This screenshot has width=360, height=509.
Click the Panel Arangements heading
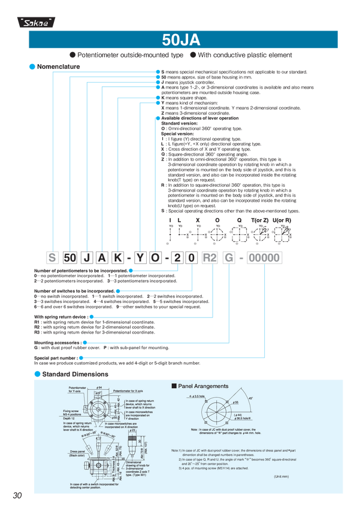203,386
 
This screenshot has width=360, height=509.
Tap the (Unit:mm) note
281,476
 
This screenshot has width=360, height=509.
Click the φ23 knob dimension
134,430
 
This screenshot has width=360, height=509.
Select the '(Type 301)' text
138,471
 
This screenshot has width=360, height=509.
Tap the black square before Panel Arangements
174,386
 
